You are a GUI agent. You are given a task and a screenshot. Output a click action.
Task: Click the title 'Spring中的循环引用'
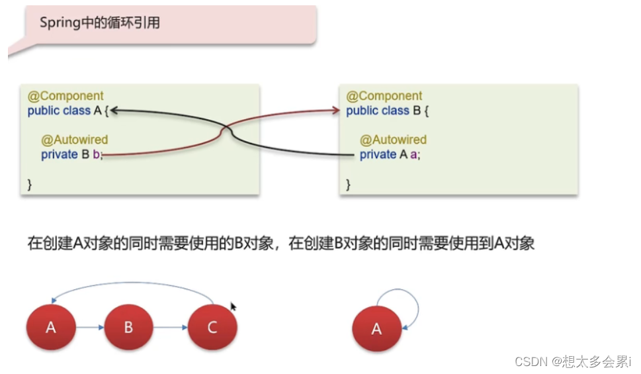[x=100, y=23]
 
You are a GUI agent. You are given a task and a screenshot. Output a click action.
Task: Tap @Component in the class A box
[x=65, y=96]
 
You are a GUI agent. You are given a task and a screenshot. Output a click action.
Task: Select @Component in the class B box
[x=384, y=96]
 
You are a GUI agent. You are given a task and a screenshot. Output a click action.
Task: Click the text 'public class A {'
[x=68, y=111]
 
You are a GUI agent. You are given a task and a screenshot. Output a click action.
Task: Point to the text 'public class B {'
[x=388, y=111]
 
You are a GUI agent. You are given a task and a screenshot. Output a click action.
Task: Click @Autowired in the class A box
[x=74, y=140]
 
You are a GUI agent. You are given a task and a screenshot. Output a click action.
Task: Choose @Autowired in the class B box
[x=393, y=140]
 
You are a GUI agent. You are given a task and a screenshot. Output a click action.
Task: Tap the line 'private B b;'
[x=71, y=154]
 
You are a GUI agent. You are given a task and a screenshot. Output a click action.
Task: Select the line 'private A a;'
[x=390, y=154]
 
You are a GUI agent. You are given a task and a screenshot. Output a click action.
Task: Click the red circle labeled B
[x=129, y=327]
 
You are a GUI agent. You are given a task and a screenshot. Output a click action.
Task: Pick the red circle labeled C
[x=212, y=327]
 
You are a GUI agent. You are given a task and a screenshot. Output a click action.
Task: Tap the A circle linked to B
[x=50, y=327]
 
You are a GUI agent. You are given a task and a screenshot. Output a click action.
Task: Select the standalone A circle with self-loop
[x=376, y=328]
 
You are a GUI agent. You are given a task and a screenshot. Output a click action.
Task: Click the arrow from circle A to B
[x=89, y=327]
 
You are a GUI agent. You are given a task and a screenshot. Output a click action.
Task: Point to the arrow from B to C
[x=170, y=327]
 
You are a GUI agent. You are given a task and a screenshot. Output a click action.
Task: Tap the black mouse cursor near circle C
[x=233, y=306]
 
